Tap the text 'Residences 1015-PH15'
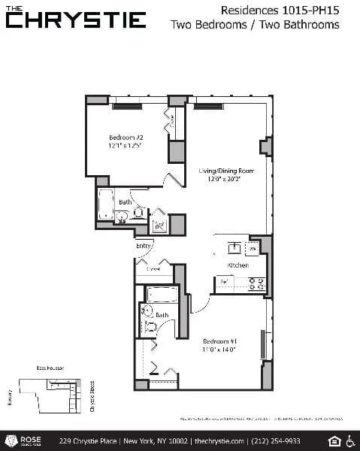(x=280, y=10)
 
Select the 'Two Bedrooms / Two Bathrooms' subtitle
(x=255, y=25)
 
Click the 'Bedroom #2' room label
(x=126, y=138)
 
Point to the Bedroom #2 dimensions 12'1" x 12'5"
(x=126, y=147)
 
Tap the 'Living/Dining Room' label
(x=226, y=171)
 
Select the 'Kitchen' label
(x=238, y=266)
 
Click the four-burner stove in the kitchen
(x=256, y=284)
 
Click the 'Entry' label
(x=144, y=246)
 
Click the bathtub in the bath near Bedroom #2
(x=105, y=202)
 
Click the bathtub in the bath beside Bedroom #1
(x=162, y=293)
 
